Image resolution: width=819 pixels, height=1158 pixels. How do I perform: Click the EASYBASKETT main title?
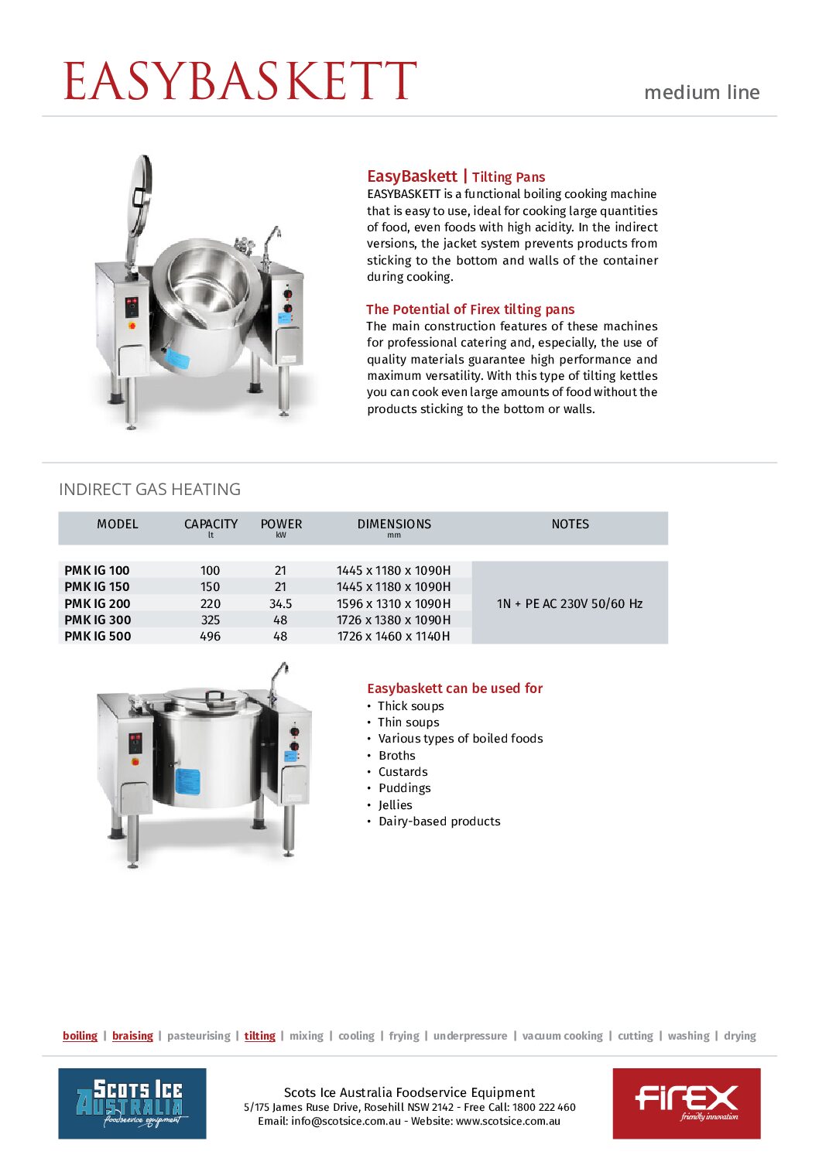240,81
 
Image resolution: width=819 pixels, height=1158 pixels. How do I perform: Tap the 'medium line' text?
701,93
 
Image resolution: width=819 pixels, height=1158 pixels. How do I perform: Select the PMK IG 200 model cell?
98,603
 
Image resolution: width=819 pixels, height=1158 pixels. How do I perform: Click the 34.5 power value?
280,603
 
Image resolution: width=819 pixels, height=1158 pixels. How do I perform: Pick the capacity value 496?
210,636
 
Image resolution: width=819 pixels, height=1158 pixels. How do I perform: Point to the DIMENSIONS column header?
394,524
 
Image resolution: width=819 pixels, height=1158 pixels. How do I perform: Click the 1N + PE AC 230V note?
570,603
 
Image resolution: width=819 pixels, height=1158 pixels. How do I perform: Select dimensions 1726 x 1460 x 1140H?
393,636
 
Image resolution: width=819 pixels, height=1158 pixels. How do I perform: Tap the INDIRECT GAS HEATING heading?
149,490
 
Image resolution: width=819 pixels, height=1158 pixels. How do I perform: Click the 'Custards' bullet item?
403,772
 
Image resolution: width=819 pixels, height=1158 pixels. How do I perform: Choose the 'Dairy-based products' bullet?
439,822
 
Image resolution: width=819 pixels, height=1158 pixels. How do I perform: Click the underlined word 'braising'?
132,1036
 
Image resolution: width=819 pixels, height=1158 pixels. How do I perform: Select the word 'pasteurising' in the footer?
199,1036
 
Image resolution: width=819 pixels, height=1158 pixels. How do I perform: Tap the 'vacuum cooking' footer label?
562,1036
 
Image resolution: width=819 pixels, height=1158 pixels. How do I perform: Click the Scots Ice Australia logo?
132,1103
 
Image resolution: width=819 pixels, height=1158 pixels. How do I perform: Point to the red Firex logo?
686,1103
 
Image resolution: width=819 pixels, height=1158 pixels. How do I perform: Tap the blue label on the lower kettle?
187,781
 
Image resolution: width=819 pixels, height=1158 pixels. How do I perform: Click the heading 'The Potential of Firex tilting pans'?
470,309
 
